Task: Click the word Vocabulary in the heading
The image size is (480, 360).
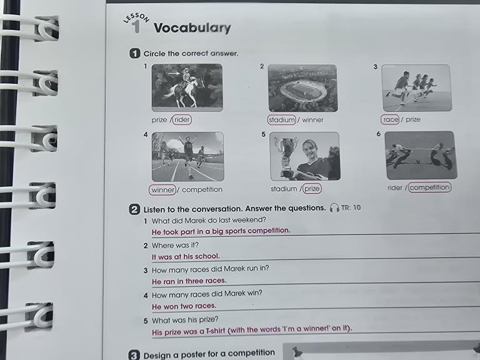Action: (x=192, y=28)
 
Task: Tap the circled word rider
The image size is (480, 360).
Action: (x=182, y=119)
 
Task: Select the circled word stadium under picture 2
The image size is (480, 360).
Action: (x=282, y=119)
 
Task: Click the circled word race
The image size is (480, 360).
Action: (x=390, y=119)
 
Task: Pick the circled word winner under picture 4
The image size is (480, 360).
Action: (x=162, y=190)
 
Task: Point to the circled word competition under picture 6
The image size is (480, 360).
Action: (x=430, y=187)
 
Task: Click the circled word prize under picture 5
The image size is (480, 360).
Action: (x=312, y=188)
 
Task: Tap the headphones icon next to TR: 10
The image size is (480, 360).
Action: (x=334, y=207)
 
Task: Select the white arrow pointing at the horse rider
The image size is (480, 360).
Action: (x=174, y=74)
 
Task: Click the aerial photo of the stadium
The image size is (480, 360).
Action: (x=302, y=88)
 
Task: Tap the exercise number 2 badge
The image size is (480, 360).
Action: (x=134, y=209)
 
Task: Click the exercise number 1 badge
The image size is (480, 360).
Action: (x=135, y=53)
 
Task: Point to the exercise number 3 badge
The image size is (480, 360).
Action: (x=134, y=355)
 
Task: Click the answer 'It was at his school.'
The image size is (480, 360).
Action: (x=186, y=256)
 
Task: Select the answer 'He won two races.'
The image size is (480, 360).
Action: (x=184, y=306)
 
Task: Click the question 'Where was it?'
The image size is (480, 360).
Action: (x=175, y=246)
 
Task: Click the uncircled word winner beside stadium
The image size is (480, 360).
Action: (x=312, y=120)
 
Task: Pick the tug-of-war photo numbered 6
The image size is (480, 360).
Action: (x=421, y=155)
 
